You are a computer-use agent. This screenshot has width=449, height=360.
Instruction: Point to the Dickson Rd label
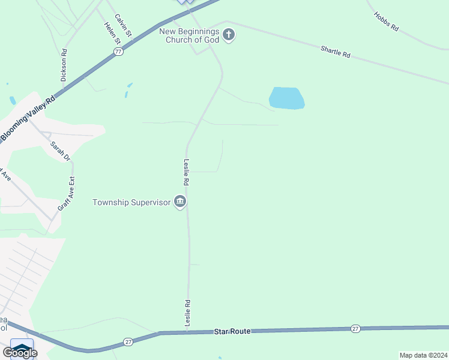[x=64, y=69]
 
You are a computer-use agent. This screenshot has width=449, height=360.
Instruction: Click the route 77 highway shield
[x=118, y=52]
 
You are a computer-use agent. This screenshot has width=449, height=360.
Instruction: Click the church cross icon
[x=228, y=35]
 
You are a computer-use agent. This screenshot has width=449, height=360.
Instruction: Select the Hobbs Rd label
[x=386, y=21]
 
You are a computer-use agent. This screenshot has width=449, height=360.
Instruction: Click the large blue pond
[x=287, y=98]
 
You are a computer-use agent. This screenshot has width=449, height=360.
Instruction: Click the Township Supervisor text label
[x=131, y=202]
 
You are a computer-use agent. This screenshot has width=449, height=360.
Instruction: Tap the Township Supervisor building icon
[x=179, y=202]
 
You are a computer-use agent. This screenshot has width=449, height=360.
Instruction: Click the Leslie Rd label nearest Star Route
[x=187, y=313]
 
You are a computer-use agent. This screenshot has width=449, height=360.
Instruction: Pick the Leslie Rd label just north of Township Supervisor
[x=187, y=171]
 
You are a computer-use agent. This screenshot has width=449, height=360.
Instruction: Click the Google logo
[x=20, y=353]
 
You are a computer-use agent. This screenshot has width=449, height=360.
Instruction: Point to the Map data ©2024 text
[x=423, y=355]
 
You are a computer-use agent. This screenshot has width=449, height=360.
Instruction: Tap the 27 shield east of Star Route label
[x=355, y=328]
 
